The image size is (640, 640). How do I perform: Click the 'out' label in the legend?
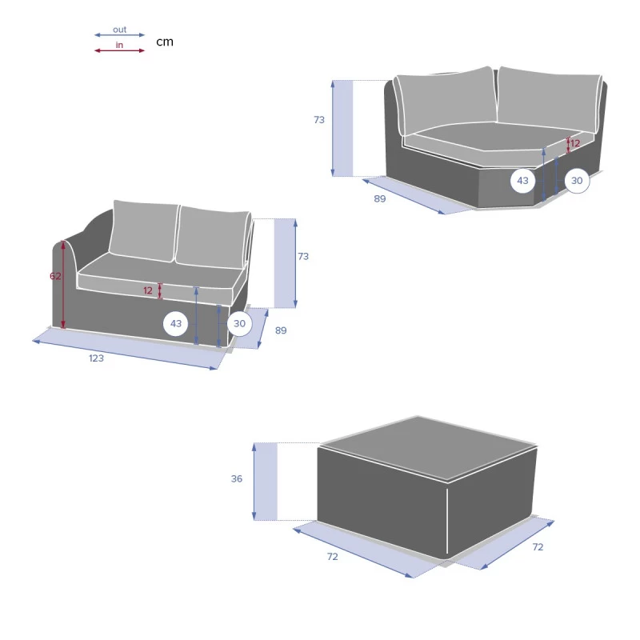click(119, 30)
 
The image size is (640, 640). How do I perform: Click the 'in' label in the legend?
click(119, 45)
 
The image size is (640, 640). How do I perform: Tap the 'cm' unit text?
click(165, 42)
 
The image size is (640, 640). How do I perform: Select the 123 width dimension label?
click(96, 358)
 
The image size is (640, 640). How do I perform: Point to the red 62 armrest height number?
click(55, 276)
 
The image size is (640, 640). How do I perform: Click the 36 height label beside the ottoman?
click(237, 478)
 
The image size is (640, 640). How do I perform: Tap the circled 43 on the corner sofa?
click(523, 181)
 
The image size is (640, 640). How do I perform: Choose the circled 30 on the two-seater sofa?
click(239, 324)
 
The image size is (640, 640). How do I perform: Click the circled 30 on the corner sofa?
click(577, 181)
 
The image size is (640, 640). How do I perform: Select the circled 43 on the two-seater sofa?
click(176, 324)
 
